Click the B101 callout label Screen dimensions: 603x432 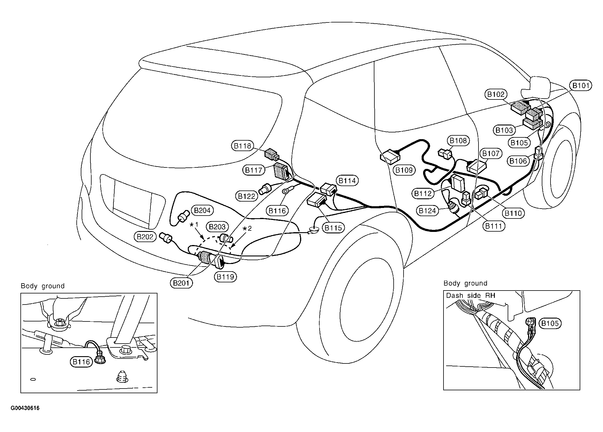581,86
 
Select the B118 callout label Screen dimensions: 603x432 243,146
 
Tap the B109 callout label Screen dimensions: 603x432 404,170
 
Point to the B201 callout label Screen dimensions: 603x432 182,283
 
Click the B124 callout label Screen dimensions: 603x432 428,211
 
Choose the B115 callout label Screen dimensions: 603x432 333,228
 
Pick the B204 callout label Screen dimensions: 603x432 202,210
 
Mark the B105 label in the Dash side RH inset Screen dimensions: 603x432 550,323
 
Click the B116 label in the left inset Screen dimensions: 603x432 81,362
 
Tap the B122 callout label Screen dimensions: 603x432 247,196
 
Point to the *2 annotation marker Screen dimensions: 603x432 247,228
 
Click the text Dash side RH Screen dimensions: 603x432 471,295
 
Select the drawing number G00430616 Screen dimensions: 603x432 25,408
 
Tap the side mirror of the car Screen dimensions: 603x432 535,87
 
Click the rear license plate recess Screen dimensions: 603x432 133,202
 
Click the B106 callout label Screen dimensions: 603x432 518,161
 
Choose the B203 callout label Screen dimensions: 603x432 217,227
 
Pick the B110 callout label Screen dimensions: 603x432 513,213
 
